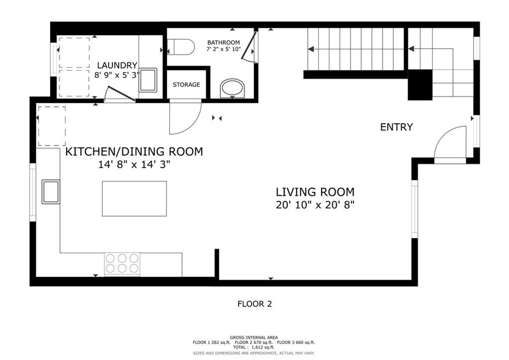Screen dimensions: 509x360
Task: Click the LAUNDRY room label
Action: point(117,65)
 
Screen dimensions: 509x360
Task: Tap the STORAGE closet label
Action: point(186,85)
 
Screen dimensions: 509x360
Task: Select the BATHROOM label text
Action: point(223,43)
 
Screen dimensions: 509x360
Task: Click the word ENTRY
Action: point(396,127)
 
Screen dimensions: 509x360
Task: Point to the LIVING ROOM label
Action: point(315,192)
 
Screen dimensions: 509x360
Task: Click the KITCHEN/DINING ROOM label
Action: point(134,152)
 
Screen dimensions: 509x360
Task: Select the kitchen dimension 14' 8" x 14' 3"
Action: point(134,165)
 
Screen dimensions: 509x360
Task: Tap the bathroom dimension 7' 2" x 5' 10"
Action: point(224,49)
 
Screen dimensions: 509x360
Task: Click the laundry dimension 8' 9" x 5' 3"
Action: point(117,75)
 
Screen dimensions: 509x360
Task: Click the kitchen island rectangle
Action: point(134,199)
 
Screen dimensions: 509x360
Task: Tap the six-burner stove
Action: point(122,264)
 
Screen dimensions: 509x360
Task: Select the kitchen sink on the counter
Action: point(51,191)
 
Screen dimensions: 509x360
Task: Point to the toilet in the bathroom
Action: point(180,47)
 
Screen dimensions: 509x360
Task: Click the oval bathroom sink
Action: point(233,89)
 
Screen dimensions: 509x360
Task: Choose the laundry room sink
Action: point(148,80)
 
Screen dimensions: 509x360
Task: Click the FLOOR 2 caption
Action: point(254,304)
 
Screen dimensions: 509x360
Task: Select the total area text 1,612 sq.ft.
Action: point(263,347)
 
